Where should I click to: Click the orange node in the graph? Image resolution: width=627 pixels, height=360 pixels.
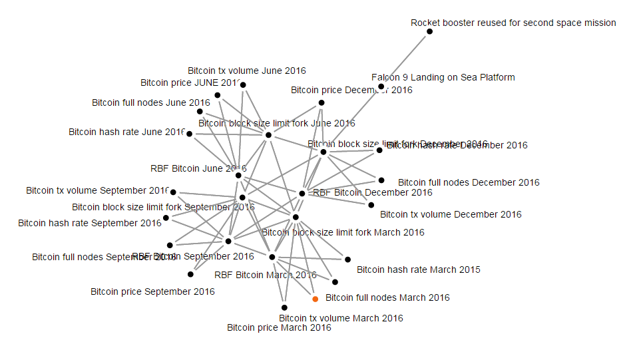[x=315, y=299]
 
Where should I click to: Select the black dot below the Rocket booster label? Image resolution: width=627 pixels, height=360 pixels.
[x=430, y=31]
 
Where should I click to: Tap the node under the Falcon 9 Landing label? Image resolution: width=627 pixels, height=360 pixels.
[x=381, y=87]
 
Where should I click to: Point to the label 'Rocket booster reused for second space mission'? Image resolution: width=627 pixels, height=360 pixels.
[x=513, y=23]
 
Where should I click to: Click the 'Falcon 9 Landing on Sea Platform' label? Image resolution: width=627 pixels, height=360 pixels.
[x=443, y=77]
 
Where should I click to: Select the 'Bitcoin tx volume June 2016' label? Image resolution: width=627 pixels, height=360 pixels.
[x=246, y=70]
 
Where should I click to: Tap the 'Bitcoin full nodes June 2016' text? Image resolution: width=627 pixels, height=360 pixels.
[x=150, y=102]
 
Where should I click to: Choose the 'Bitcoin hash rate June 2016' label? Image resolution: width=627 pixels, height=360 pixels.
[x=126, y=132]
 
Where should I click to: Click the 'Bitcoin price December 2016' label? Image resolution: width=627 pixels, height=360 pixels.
[x=351, y=90]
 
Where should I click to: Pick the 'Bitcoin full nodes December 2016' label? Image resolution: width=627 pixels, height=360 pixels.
[x=469, y=182]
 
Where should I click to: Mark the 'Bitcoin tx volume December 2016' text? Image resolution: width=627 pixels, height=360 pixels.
[x=451, y=214]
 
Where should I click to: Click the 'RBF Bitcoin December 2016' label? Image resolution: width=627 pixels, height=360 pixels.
[x=372, y=192]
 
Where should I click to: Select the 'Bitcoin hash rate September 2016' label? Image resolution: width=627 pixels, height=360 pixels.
[x=89, y=223]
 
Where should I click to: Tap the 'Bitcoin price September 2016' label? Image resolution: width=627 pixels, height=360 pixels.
[x=152, y=291]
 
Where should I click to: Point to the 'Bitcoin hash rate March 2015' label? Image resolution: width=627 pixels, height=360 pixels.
[x=418, y=270]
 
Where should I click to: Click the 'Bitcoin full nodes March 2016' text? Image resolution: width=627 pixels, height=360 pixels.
[x=387, y=297]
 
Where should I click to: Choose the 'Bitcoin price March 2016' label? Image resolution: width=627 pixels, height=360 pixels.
[x=279, y=327]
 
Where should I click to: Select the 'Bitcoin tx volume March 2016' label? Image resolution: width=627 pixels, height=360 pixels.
[x=341, y=318]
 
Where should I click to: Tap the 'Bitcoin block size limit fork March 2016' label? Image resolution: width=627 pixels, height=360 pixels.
[x=343, y=232]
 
